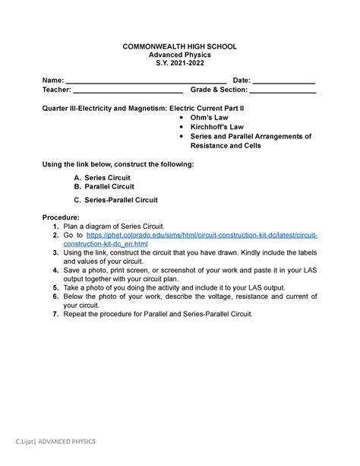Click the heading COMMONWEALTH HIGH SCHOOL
coord(179,47)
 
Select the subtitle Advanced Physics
coord(179,56)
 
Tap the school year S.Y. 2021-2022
coord(179,65)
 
